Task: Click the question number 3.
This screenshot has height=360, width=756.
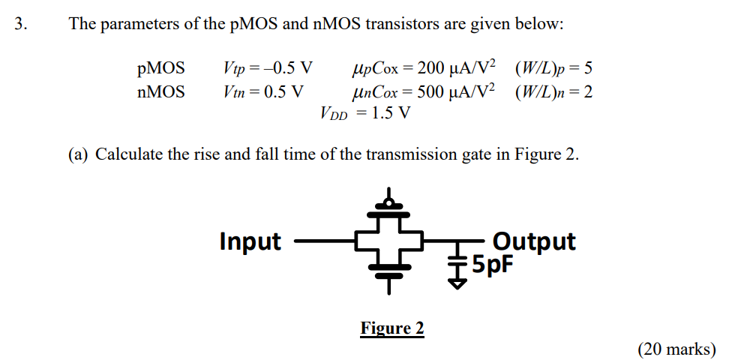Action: click(x=20, y=24)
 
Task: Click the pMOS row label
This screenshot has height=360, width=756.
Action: click(x=160, y=69)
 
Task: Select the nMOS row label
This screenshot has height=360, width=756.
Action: click(x=160, y=92)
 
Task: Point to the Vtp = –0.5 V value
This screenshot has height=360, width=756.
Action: click(x=268, y=69)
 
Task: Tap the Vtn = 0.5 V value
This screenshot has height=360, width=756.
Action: click(x=263, y=92)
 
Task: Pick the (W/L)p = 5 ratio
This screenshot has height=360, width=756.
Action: click(x=553, y=69)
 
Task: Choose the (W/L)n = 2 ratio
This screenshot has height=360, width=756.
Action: click(x=553, y=92)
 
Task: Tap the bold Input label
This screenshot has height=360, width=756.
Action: click(x=250, y=241)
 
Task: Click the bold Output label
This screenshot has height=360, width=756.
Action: click(x=534, y=241)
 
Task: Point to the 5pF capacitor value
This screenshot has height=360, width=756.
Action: click(x=490, y=264)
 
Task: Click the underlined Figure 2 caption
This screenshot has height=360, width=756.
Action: click(x=391, y=328)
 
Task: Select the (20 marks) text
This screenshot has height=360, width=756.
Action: click(x=676, y=349)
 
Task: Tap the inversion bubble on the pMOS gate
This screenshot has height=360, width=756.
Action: click(x=388, y=202)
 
